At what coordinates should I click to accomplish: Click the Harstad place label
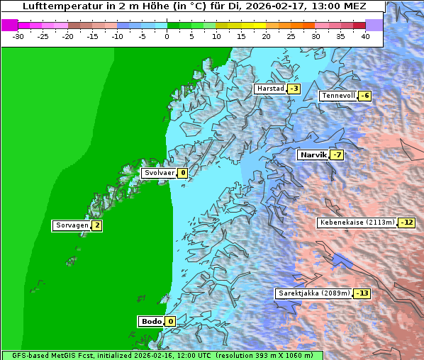point(270,89)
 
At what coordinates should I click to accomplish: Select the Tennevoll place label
point(338,96)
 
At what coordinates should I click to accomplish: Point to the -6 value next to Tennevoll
point(364,96)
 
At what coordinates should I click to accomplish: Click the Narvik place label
point(313,154)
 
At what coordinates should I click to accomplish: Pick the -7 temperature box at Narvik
point(337,155)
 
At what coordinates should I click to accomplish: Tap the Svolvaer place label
point(158,173)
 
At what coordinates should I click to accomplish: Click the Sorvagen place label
point(72,226)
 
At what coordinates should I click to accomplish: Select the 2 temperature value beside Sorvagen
point(97,226)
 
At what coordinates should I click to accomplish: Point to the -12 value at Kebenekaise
point(406,223)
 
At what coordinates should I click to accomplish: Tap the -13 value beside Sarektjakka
point(362,293)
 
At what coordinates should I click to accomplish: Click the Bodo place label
point(151,322)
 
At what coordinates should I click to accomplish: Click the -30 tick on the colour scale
point(18,35)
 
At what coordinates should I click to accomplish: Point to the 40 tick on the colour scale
point(365,35)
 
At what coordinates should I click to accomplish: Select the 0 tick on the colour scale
point(167,35)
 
